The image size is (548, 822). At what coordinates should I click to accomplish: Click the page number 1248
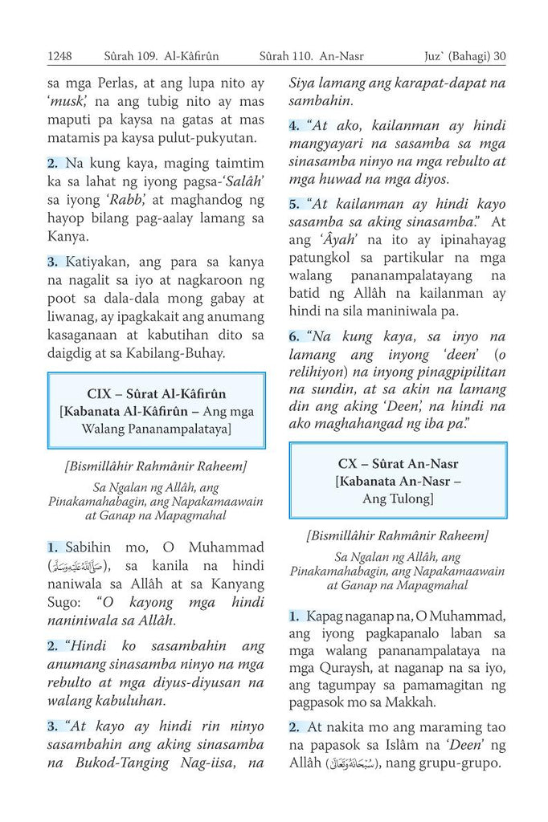[60, 56]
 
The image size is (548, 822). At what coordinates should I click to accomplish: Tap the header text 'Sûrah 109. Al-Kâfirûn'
[162, 56]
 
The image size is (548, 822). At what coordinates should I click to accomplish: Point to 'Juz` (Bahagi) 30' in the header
[464, 56]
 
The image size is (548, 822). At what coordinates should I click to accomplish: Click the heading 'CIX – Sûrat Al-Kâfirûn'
[157, 393]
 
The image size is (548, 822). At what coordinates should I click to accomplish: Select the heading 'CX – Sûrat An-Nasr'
[398, 463]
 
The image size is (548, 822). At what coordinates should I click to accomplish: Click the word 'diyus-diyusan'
[200, 683]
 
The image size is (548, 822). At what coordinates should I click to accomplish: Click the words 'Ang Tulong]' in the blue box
[398, 498]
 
